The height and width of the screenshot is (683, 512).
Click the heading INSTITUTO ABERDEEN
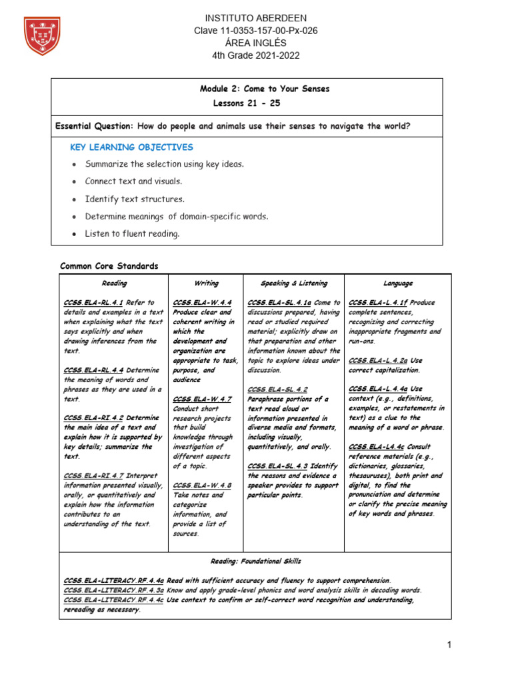247,18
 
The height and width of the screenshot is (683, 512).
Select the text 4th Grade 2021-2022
247,55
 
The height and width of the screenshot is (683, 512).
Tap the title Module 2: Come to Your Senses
265,89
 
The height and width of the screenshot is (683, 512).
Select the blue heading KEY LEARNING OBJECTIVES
131,147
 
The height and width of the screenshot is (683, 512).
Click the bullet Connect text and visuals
133,181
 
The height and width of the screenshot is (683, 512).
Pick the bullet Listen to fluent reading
132,233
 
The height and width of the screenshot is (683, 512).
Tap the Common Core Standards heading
109,266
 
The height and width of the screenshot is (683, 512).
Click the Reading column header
114,283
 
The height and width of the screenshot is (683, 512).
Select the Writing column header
206,283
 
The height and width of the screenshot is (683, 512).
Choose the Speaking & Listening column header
293,283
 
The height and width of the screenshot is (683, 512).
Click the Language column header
398,283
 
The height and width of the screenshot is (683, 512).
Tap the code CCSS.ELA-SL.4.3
277,466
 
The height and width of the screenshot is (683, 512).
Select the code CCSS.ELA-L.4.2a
378,360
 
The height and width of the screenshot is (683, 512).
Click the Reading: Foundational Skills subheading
255,562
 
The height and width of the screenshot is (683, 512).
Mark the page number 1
450,645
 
